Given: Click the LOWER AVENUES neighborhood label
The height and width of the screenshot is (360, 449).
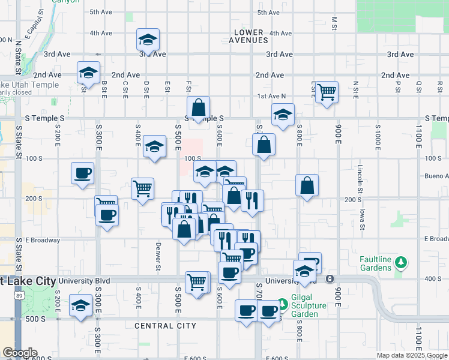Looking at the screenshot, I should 249,36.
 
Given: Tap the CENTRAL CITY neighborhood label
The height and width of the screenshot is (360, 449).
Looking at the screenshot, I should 166,326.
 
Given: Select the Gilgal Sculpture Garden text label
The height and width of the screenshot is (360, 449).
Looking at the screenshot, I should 309,310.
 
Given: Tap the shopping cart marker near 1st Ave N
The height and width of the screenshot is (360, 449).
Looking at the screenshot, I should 327,92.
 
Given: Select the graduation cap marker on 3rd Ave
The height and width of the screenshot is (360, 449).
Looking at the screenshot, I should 148,40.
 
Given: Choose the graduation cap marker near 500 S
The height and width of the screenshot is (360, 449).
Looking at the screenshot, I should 80,305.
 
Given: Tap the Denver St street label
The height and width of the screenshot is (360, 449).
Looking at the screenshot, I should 158,259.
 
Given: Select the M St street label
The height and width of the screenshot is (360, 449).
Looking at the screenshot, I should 334,23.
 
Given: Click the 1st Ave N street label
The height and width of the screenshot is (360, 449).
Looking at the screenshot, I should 271,96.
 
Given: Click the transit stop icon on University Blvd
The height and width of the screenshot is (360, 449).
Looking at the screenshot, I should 330,279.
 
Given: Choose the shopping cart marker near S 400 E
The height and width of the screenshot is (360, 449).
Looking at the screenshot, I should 142,188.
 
